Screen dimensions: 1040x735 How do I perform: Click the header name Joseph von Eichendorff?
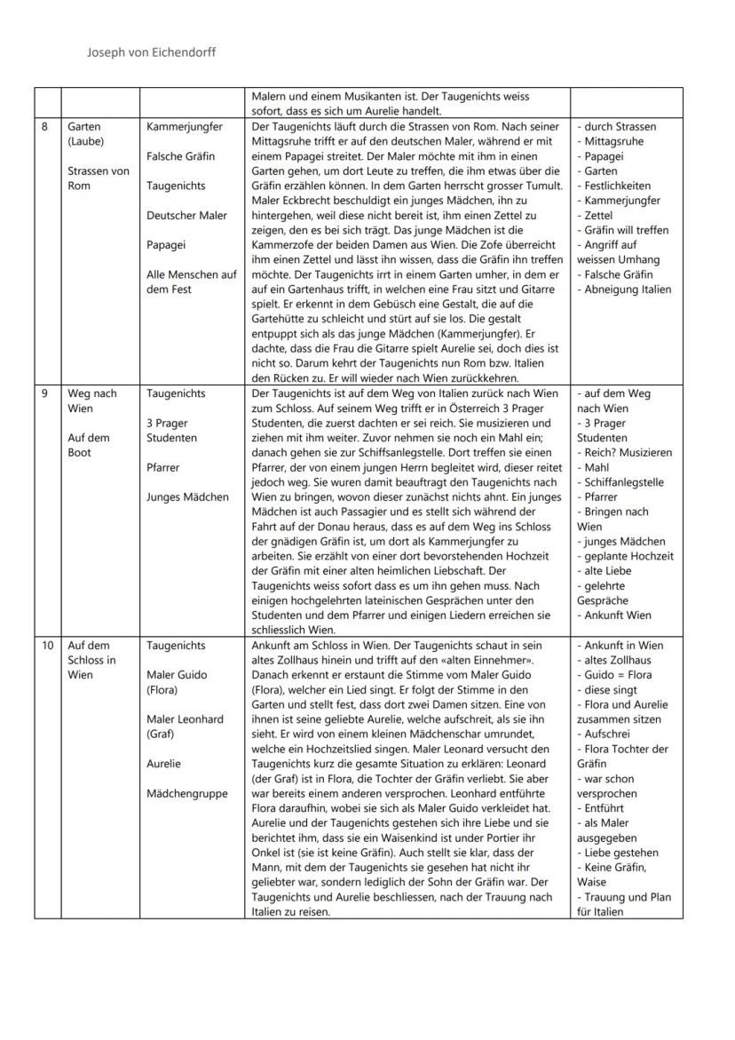[151, 52]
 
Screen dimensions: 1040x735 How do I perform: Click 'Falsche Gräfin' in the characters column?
[180, 156]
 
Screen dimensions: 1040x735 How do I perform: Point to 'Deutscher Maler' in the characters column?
[186, 215]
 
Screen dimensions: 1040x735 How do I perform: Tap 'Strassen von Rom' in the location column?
[98, 179]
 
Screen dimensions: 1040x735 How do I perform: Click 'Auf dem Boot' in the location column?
[89, 445]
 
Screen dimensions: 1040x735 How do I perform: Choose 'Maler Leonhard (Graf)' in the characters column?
[185, 726]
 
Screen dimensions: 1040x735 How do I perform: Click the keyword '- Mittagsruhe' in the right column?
[610, 141]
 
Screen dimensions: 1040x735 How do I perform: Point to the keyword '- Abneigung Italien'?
[624, 290]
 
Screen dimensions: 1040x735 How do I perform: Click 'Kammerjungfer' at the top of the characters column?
[184, 127]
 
